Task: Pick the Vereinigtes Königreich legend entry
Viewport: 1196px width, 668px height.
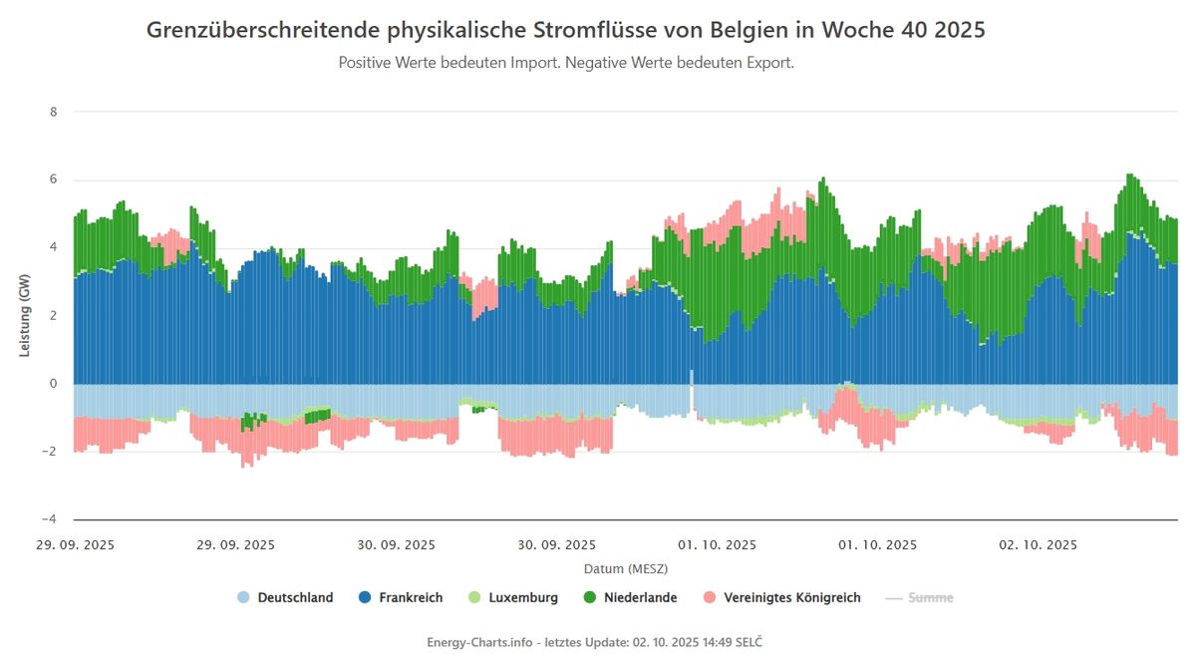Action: (x=782, y=598)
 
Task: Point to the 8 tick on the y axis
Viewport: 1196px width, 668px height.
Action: (x=53, y=112)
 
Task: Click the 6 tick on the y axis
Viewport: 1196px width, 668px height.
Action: (x=53, y=179)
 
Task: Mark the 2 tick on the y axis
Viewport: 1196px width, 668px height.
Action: (x=53, y=316)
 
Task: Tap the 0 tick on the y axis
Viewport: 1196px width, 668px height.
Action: (x=53, y=384)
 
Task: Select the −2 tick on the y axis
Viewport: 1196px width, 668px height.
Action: (x=50, y=452)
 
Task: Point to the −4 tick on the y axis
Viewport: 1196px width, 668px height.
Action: (x=50, y=519)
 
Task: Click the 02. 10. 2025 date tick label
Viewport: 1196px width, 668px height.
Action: (x=1039, y=545)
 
